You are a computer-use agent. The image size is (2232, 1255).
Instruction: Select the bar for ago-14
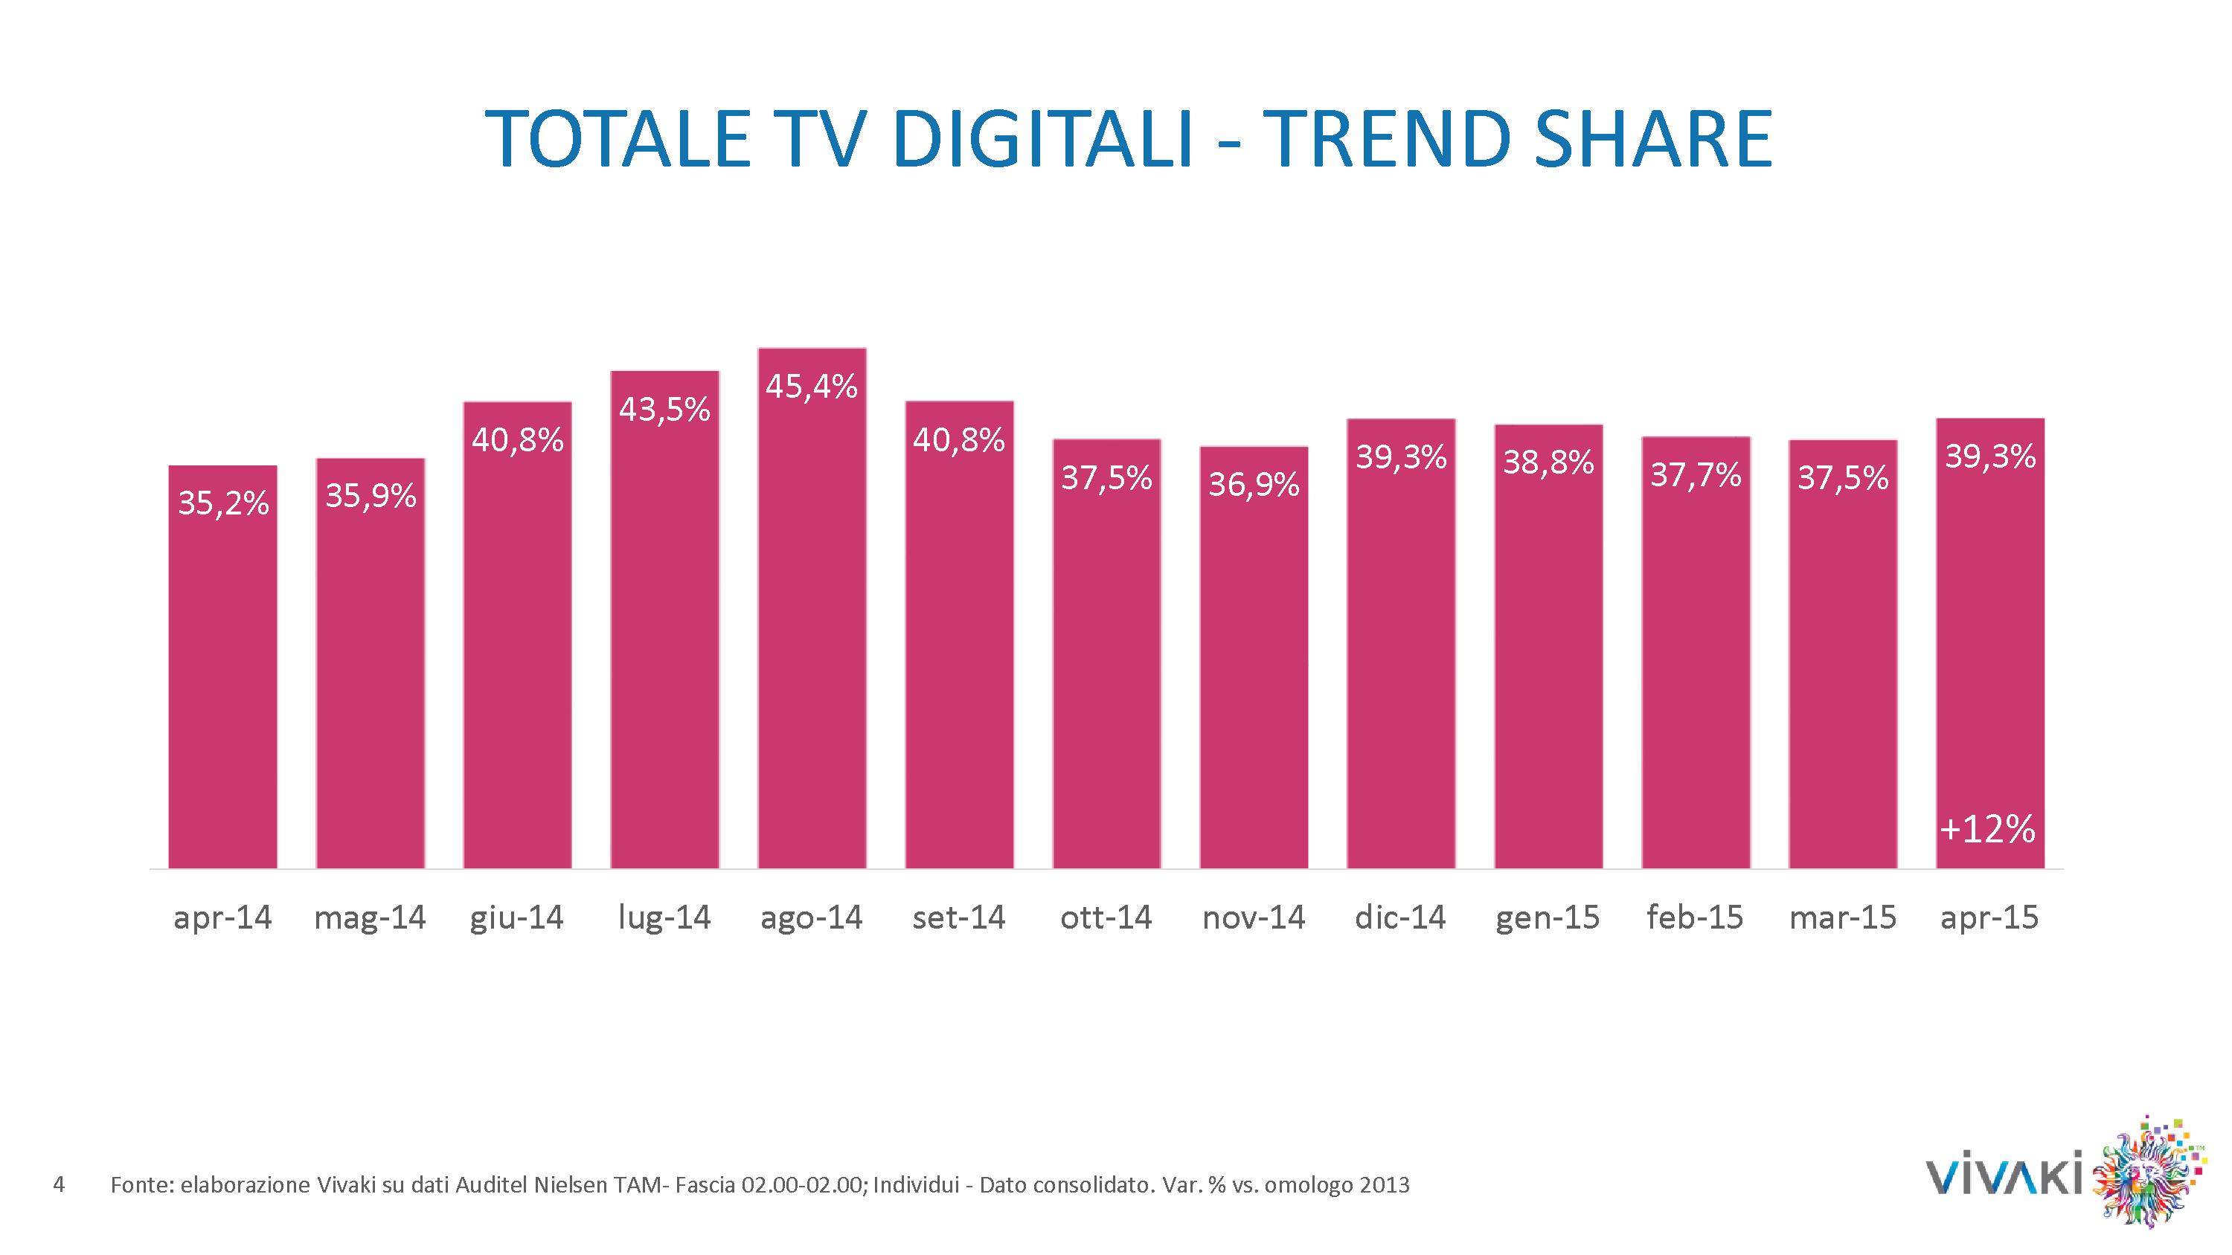[x=812, y=624]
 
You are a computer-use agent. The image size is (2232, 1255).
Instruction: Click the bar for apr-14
[x=222, y=676]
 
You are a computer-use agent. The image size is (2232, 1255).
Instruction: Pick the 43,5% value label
[x=664, y=410]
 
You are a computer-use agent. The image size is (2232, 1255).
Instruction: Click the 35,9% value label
[x=371, y=497]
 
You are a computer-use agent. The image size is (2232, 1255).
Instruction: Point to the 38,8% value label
[x=1548, y=462]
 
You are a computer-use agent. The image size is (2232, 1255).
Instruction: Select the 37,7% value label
[x=1696, y=474]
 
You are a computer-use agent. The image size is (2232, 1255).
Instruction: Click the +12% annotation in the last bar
[x=1989, y=830]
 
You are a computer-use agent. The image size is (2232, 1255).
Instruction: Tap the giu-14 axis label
[x=517, y=918]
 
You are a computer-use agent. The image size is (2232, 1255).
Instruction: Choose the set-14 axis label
[x=959, y=918]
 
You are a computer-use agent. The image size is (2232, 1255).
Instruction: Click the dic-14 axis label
[x=1400, y=918]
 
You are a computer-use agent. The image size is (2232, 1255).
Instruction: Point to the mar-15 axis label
[x=1843, y=918]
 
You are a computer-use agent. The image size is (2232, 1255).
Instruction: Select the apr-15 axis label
[x=1989, y=918]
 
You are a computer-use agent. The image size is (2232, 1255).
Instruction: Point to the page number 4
[x=59, y=1184]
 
